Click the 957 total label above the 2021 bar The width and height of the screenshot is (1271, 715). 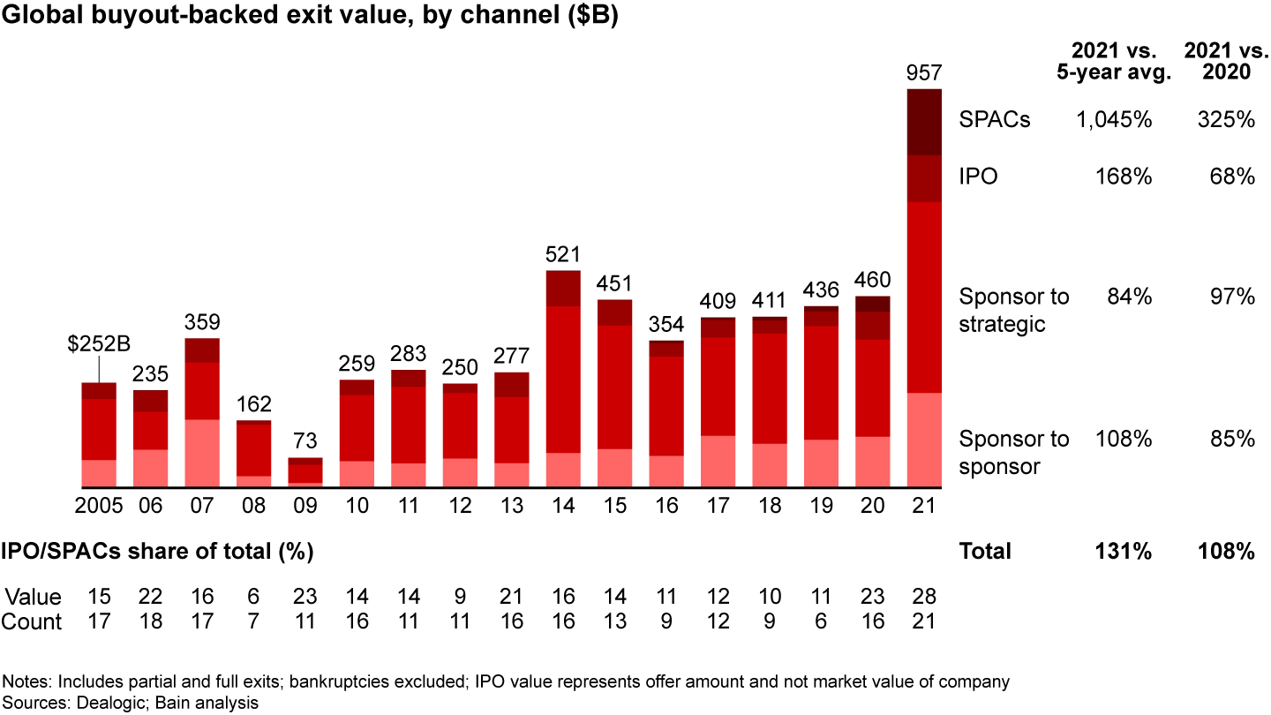pos(924,71)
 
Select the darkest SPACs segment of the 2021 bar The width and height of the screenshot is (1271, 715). pos(924,122)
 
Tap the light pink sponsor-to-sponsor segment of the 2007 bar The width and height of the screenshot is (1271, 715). pos(202,453)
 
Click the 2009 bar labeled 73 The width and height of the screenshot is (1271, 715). pos(305,471)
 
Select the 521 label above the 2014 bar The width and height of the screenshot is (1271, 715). pos(563,255)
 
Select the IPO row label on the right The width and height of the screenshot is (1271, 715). pos(978,177)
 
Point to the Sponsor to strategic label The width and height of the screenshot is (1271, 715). pos(1013,310)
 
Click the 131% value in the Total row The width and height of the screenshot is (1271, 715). pos(1124,552)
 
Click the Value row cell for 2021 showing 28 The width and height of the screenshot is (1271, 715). pos(924,596)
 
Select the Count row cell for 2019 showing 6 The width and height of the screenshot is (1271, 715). pos(821,621)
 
